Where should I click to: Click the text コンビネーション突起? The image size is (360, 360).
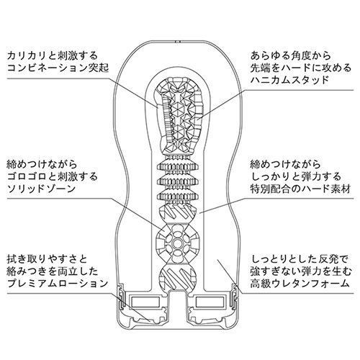click(58, 68)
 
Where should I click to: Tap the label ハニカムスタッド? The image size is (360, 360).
click(289, 80)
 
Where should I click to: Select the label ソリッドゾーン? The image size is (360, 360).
click(41, 189)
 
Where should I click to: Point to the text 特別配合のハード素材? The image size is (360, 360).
click(300, 189)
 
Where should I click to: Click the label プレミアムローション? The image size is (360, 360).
click(58, 284)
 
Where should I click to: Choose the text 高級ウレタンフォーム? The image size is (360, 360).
click(300, 284)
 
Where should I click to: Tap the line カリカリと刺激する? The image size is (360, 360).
click(53, 56)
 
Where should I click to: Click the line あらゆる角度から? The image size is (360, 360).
click(291, 56)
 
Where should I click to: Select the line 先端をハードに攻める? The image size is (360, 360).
click(301, 68)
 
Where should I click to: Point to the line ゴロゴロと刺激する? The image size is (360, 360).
click(53, 177)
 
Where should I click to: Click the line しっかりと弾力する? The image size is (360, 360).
click(296, 177)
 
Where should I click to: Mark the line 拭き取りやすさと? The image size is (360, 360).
click(47, 259)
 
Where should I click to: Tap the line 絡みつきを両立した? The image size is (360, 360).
click(53, 271)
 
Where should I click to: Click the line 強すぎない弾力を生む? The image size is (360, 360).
click(301, 271)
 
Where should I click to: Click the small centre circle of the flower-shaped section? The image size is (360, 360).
click(177, 244)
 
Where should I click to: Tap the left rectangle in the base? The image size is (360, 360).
click(145, 302)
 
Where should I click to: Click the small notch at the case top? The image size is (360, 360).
click(177, 42)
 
